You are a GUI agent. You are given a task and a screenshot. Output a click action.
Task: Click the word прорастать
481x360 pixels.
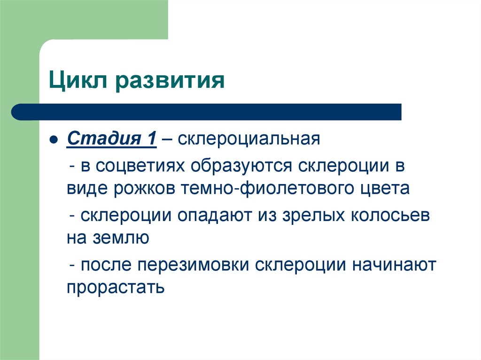[x=116, y=286]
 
